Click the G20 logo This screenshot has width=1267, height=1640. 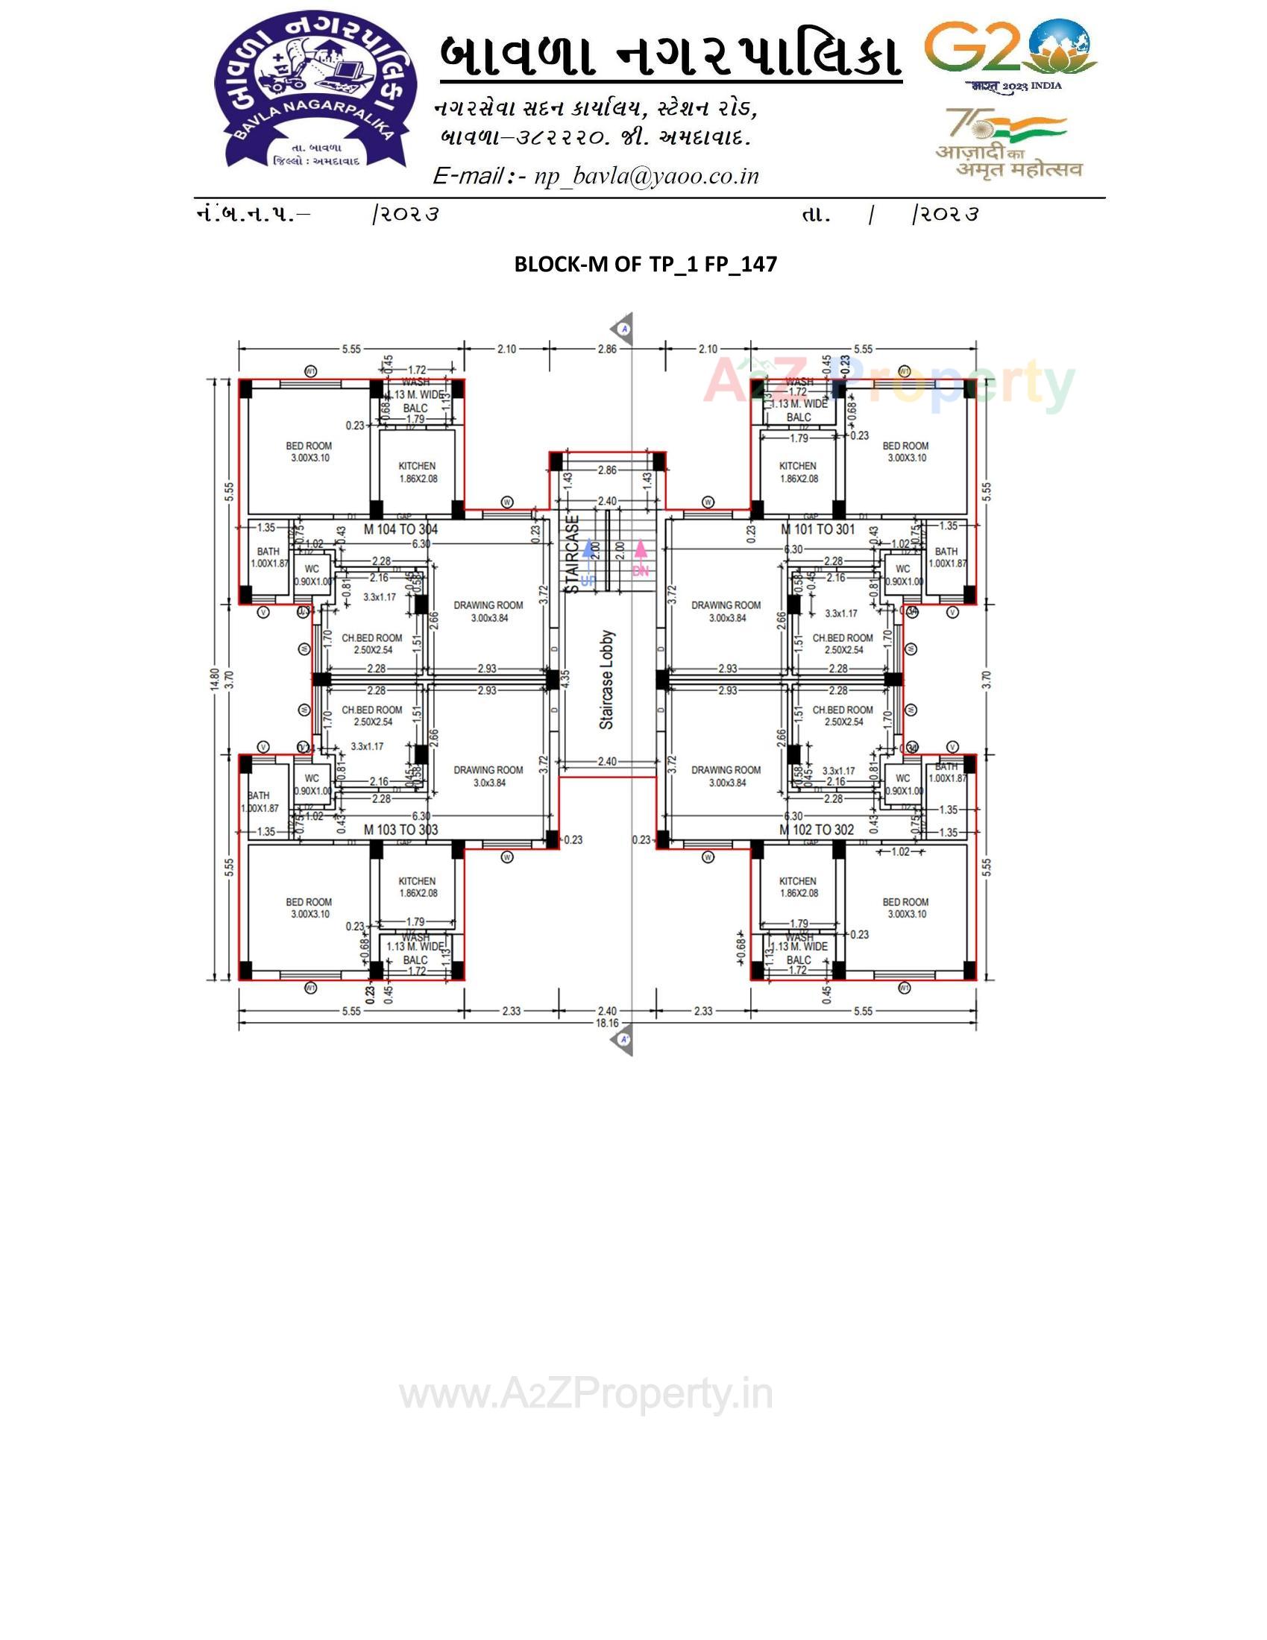1010,53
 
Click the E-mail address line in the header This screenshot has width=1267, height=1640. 596,176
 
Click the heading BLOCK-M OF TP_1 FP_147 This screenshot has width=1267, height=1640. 645,265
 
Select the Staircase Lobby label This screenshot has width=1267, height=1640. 607,680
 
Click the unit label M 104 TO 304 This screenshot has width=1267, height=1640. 400,529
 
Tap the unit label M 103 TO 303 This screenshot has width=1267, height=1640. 400,830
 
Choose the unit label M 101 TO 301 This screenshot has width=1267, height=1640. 817,529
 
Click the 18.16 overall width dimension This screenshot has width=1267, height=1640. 607,1023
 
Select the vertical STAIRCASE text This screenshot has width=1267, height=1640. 573,553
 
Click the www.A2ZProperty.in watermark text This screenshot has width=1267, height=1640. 586,1395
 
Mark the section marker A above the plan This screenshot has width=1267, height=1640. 623,329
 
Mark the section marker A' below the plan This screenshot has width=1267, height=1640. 623,1040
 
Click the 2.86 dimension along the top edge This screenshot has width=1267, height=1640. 607,349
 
